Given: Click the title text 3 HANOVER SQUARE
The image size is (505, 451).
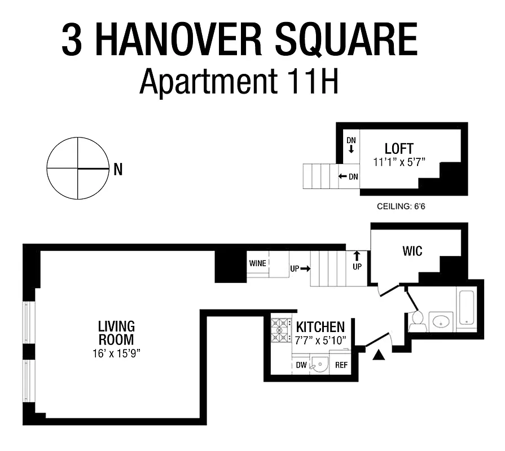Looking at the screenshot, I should [239, 40].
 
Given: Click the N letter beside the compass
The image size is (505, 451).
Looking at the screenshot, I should [118, 169].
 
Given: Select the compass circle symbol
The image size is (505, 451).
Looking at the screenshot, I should [78, 168].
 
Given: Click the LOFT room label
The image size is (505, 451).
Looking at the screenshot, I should [399, 149].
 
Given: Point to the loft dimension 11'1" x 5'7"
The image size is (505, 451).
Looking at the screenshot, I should [399, 162].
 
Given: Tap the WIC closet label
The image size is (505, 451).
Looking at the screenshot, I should [412, 250].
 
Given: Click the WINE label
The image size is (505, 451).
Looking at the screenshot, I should [257, 263].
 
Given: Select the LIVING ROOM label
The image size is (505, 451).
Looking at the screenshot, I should [116, 333].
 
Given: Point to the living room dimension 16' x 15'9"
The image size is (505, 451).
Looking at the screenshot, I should [116, 353].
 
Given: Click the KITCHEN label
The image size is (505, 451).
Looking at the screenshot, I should [320, 327].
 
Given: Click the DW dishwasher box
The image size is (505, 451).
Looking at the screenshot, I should [301, 365].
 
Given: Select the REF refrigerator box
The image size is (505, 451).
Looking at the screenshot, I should [341, 365].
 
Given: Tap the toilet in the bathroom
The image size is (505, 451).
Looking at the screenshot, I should [417, 320].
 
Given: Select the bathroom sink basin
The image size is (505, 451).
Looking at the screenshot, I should [441, 321].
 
